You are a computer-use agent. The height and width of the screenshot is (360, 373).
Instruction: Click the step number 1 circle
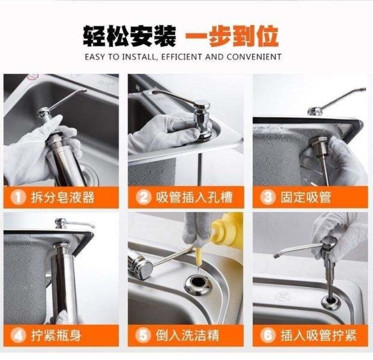click(x=18, y=197)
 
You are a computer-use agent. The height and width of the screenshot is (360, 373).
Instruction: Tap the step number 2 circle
click(x=143, y=197)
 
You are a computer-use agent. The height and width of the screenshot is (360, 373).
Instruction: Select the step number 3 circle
click(x=268, y=197)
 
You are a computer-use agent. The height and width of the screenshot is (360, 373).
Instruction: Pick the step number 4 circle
click(x=18, y=336)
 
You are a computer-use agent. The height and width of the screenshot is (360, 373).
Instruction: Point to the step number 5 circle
click(x=143, y=336)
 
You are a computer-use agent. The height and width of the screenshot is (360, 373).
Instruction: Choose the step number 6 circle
click(x=268, y=336)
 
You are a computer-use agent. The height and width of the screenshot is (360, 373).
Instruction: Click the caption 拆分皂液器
click(x=63, y=197)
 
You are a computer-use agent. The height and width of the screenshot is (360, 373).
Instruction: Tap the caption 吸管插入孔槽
click(x=194, y=197)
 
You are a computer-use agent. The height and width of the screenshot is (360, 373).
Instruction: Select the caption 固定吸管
click(x=306, y=197)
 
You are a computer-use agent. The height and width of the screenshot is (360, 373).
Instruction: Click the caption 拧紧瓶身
click(x=56, y=336)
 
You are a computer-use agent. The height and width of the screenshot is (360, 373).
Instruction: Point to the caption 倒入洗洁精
click(x=187, y=336)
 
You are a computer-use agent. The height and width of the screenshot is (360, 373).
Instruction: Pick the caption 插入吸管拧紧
click(x=318, y=336)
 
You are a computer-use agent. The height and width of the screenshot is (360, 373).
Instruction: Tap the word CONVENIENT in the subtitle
click(x=254, y=57)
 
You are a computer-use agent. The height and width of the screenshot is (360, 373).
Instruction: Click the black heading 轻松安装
click(x=130, y=36)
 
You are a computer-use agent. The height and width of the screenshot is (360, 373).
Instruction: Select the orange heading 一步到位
click(x=231, y=36)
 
